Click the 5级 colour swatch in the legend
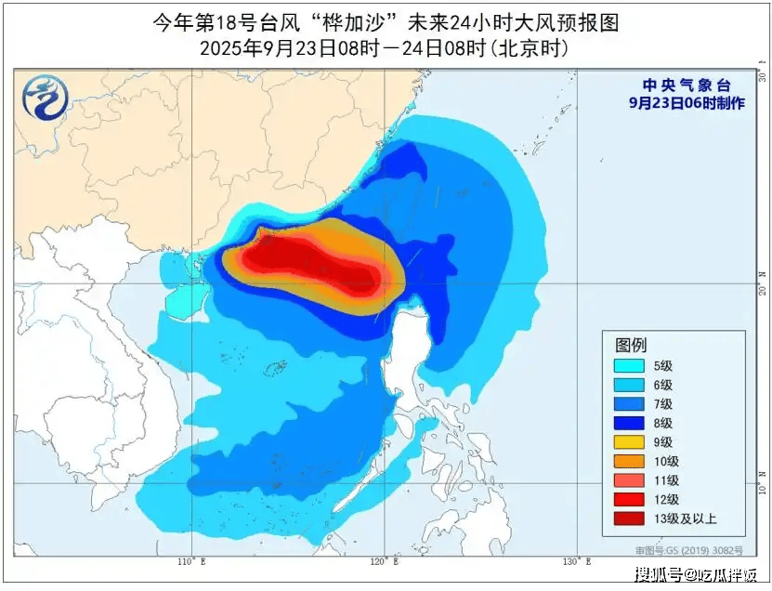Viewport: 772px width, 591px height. coord(629,366)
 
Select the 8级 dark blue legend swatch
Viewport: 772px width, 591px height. coord(629,423)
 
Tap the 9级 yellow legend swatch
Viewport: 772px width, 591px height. coord(629,442)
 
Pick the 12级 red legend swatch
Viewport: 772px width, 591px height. coord(629,499)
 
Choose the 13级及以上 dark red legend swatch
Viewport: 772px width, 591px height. coord(629,519)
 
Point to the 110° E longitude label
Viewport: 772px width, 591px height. coord(192,561)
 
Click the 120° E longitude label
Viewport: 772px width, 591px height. coord(384,561)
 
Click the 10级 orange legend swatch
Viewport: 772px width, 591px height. coord(629,461)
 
